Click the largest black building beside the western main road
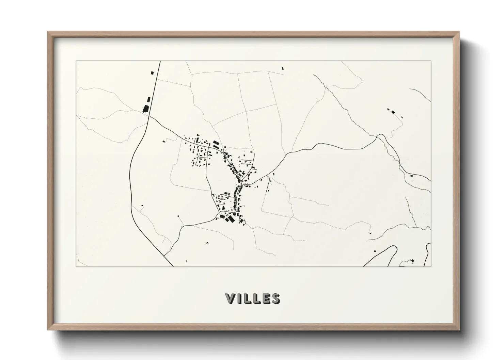click(x=145, y=109)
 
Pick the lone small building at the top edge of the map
click(x=282, y=68)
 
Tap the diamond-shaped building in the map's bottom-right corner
click(x=413, y=261)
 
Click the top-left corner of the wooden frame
click(x=48, y=32)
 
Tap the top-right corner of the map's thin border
click(x=431, y=61)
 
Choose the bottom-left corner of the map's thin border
click(x=76, y=266)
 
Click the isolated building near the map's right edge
click(x=412, y=176)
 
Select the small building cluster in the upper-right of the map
click(x=392, y=111)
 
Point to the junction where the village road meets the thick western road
click(x=149, y=116)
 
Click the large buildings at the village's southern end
click(x=227, y=218)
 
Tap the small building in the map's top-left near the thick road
click(x=152, y=72)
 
